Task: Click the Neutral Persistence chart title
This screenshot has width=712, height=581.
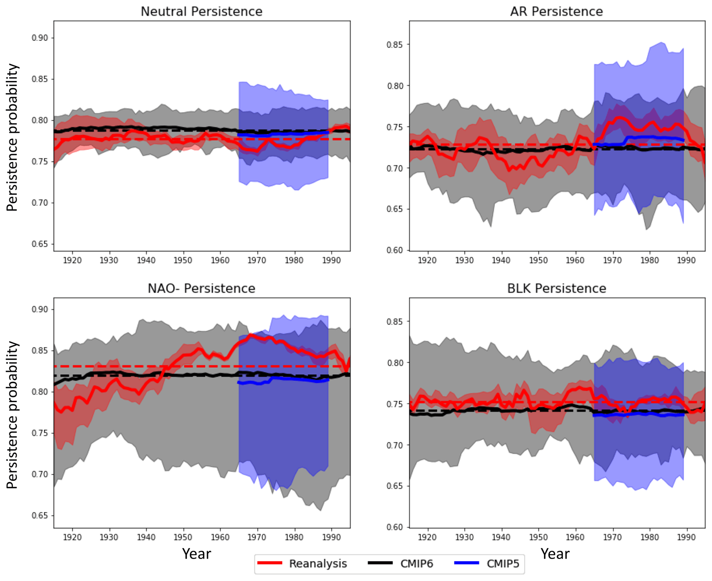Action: [x=202, y=11]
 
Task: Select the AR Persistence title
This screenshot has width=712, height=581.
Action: [x=556, y=11]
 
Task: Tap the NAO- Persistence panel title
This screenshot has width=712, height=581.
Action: [x=202, y=288]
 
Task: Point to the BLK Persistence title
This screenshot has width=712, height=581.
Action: [x=556, y=288]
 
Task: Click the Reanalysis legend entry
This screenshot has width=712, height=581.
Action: [x=318, y=563]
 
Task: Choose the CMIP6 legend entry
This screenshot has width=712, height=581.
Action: [x=416, y=563]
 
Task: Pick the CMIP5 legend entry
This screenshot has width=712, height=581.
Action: [x=502, y=563]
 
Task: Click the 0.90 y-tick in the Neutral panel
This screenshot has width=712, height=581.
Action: [x=40, y=38]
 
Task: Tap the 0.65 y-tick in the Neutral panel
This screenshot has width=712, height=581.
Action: [x=40, y=244]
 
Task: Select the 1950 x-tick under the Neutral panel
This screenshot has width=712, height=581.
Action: [x=183, y=260]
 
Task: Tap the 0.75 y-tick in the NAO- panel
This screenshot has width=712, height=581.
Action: [x=40, y=433]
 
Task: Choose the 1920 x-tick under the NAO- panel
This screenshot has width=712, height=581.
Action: [x=72, y=537]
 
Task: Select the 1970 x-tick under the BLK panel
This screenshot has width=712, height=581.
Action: [x=612, y=537]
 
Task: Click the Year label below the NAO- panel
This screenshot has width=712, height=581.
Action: [x=196, y=554]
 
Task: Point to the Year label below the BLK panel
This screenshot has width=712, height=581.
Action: [x=555, y=554]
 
